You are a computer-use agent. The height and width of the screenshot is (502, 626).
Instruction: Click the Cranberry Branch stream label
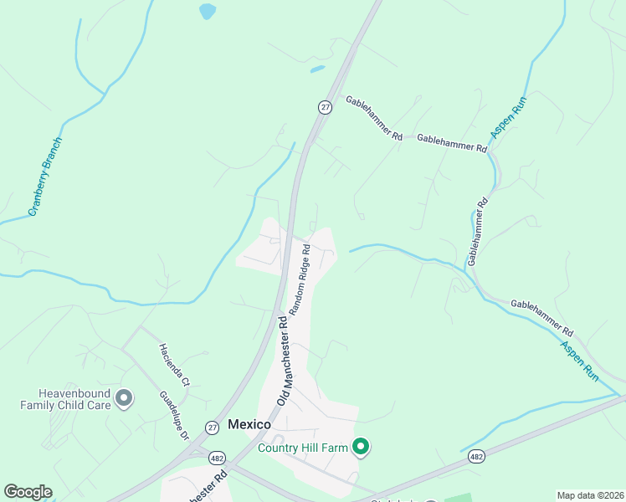click(x=45, y=177)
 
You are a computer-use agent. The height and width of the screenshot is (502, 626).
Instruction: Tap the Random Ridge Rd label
click(x=300, y=279)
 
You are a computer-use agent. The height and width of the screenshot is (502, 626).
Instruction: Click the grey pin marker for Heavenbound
click(x=125, y=398)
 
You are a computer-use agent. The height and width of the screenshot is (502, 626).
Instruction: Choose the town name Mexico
click(x=249, y=425)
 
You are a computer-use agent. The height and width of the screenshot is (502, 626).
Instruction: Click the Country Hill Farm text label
click(x=302, y=448)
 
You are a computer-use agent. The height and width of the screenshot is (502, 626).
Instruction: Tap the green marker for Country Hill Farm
click(x=361, y=448)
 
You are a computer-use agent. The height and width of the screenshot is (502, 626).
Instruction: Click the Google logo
click(x=28, y=492)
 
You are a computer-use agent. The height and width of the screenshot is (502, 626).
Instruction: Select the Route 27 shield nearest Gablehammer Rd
click(x=325, y=106)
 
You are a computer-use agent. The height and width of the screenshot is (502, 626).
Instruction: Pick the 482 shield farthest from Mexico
click(x=476, y=456)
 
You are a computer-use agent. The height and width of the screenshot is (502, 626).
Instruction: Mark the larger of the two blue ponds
click(x=206, y=11)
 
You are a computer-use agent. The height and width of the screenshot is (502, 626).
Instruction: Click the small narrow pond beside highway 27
click(x=317, y=69)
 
